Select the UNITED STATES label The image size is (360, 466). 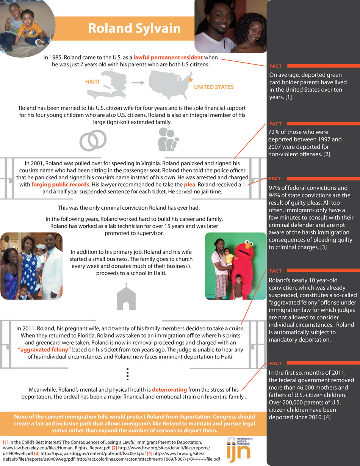click(x=214, y=87)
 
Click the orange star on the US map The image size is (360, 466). click(x=191, y=80)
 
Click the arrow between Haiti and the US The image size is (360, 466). click(x=137, y=82)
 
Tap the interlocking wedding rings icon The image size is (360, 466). click(x=93, y=140)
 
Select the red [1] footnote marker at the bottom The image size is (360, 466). click(x=6, y=442)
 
